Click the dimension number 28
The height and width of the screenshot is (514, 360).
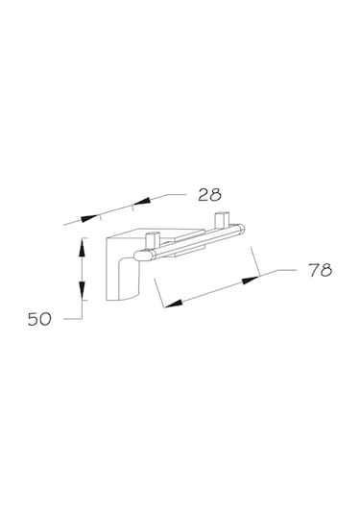[209, 195]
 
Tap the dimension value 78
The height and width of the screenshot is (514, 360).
[321, 270]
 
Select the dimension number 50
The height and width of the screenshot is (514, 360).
[39, 319]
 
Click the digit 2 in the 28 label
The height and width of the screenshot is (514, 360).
[204, 195]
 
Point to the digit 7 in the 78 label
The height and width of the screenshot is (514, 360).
[314, 270]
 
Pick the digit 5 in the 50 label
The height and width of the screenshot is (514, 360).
[34, 319]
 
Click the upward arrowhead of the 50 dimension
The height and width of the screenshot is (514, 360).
[82, 248]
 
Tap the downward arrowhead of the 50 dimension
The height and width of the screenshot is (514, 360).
[82, 290]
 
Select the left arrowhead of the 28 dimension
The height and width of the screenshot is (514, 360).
[90, 218]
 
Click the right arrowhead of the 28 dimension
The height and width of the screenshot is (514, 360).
[142, 201]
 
